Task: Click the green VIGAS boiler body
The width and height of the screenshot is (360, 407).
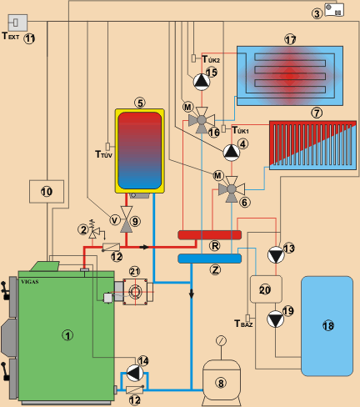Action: [66, 336]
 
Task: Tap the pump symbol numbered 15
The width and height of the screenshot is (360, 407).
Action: [202, 82]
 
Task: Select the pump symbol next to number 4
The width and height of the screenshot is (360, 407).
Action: [232, 153]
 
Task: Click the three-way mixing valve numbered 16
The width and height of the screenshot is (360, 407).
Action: [202, 120]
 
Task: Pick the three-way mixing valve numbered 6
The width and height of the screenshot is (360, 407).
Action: [232, 189]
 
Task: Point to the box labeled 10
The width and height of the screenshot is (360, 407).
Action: [47, 192]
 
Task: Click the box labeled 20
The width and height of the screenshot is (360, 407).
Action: [266, 289]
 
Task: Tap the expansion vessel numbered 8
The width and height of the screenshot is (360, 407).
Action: [221, 383]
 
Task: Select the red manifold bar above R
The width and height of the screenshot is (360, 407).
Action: [209, 235]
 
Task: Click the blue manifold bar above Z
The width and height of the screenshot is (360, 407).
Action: [209, 259]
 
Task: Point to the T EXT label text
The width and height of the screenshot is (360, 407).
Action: [11, 36]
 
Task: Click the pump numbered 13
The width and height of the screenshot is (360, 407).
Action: [276, 255]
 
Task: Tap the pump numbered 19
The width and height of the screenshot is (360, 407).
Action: [275, 319]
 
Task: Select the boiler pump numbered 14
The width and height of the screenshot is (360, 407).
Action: [135, 373]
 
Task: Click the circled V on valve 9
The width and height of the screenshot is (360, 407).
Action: [114, 220]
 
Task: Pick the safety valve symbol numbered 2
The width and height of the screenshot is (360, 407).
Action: [94, 230]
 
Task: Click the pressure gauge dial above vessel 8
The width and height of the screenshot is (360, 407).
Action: [221, 340]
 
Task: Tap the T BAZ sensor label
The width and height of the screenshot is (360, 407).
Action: [243, 324]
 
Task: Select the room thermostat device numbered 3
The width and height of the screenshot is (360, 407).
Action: [334, 10]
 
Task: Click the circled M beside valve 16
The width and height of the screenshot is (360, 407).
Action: [187, 107]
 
